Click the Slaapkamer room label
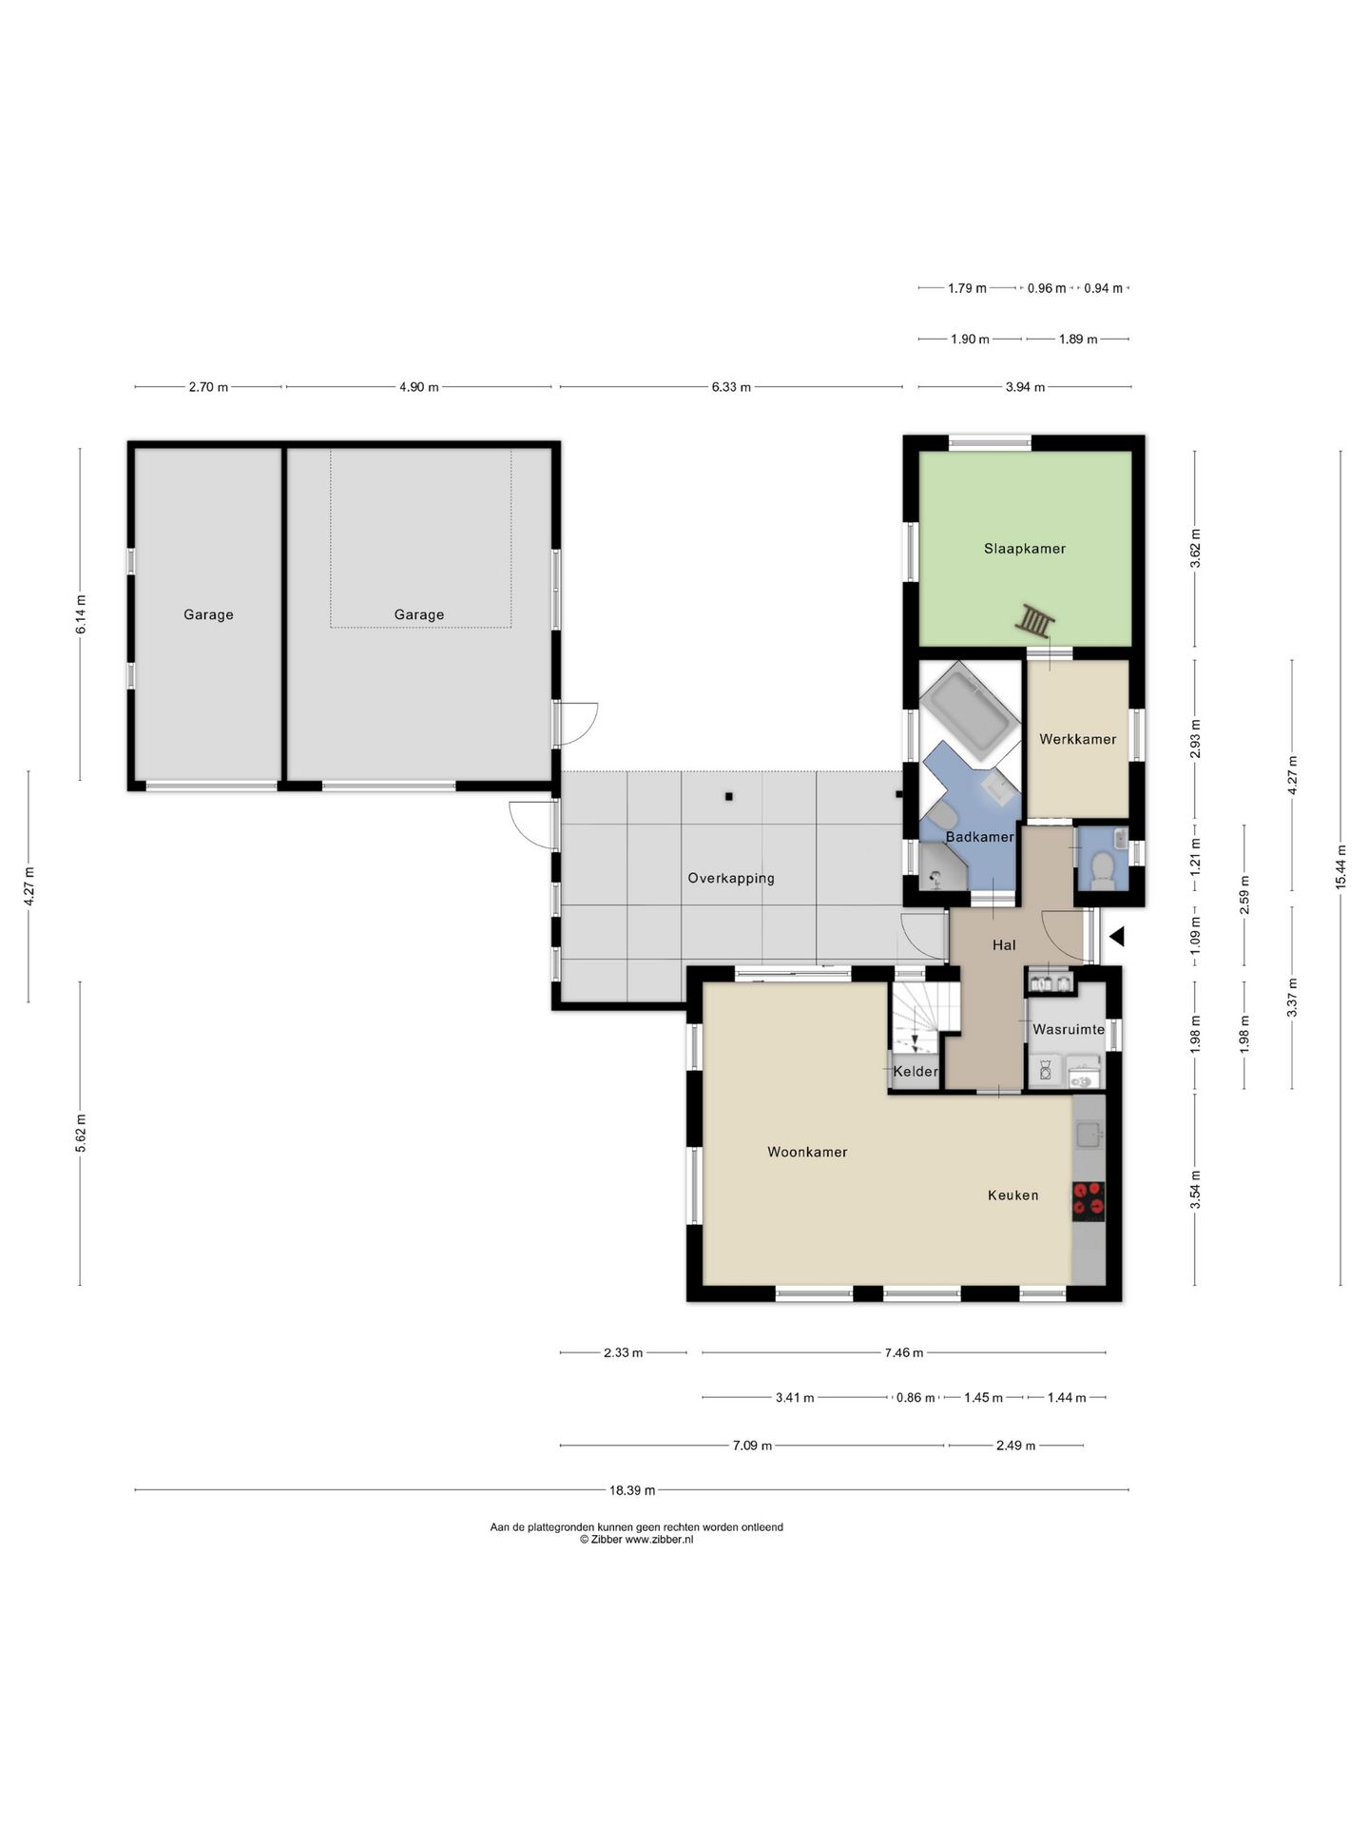pos(1024,549)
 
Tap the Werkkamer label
pos(1077,739)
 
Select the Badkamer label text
pos(979,837)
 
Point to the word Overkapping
pos(731,879)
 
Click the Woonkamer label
pos(807,1152)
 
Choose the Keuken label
pos(1012,1195)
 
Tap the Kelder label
pos(916,1072)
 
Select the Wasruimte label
pos(1069,1029)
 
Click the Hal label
pos(1004,945)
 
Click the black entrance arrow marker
pos(1117,937)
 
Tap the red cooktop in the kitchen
pos(1089,1201)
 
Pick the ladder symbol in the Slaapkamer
pos(1034,621)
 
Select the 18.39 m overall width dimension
pos(632,1490)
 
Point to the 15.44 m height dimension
pos(1340,866)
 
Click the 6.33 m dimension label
pos(731,387)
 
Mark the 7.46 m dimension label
pos(903,1352)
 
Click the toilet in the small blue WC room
pos(1103,868)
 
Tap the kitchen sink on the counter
pos(1089,1134)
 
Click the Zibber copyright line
pos(636,1540)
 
